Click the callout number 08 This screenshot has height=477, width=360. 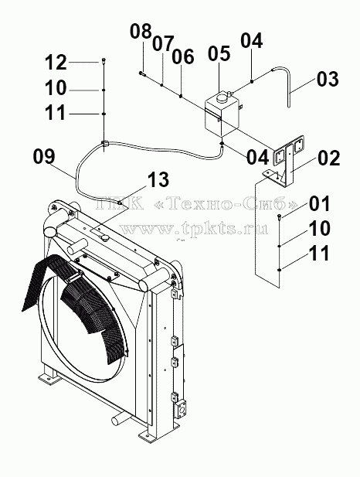(x=141, y=32)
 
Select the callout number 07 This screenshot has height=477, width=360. (x=163, y=43)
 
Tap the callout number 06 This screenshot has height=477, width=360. (x=183, y=57)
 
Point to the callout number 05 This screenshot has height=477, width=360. (x=219, y=53)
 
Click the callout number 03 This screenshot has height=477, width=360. (x=328, y=79)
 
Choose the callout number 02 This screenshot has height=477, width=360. (x=329, y=158)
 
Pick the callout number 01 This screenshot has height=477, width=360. (x=320, y=203)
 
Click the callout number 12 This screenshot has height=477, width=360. (x=56, y=63)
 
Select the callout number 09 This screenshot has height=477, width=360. (x=44, y=156)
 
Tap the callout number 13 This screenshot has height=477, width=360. (x=158, y=179)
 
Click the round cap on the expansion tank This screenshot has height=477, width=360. (x=222, y=97)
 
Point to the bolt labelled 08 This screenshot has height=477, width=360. (x=142, y=73)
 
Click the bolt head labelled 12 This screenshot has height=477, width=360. (x=104, y=60)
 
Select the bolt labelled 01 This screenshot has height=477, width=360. (x=279, y=216)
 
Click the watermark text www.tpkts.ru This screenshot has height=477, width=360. (x=194, y=229)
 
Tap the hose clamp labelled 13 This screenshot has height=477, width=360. (x=120, y=203)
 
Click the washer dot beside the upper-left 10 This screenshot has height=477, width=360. (x=104, y=90)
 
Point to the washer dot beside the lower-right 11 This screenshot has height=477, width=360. (x=279, y=270)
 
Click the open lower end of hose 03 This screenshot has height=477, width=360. (x=289, y=106)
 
